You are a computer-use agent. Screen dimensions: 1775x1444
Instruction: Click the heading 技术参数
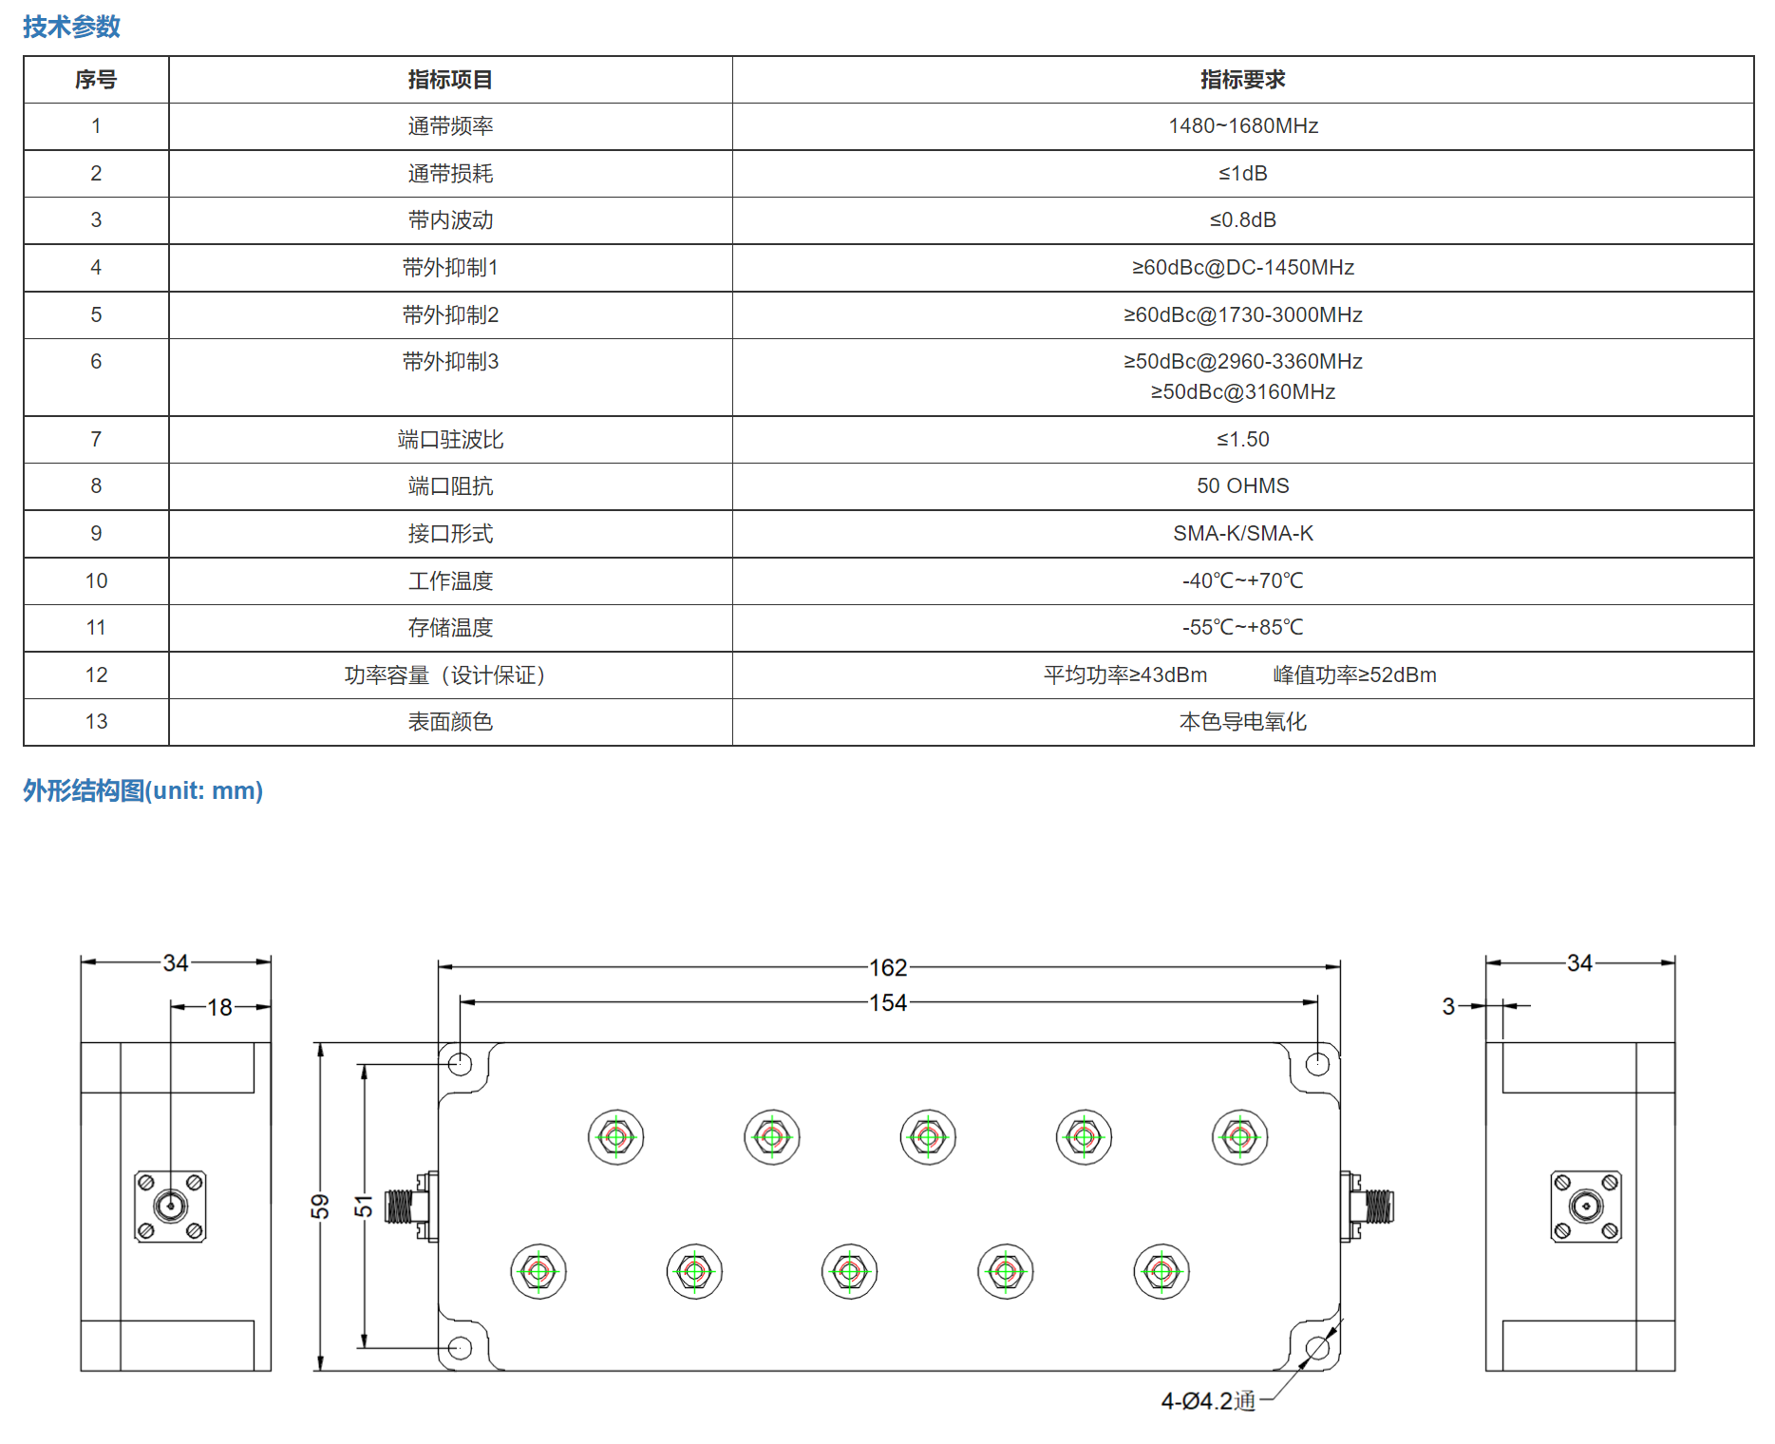pyautogui.click(x=71, y=27)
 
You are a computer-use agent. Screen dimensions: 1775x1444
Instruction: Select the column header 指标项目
pyautogui.click(x=450, y=80)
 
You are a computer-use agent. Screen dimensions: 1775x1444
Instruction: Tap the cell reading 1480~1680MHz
pyautogui.click(x=1242, y=126)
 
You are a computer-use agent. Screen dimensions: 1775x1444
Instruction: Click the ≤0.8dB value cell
pyautogui.click(x=1242, y=220)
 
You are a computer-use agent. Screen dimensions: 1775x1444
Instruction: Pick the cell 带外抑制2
pyautogui.click(x=450, y=314)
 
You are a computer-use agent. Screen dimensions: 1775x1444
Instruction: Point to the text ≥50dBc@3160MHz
pyautogui.click(x=1242, y=391)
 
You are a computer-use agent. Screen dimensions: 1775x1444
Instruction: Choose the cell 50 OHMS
pyautogui.click(x=1242, y=485)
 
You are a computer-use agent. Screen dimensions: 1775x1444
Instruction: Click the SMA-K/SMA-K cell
pyautogui.click(x=1242, y=533)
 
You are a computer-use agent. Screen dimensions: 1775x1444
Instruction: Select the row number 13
pyautogui.click(x=96, y=722)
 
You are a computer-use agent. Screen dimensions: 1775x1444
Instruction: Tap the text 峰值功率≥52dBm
pyautogui.click(x=1354, y=674)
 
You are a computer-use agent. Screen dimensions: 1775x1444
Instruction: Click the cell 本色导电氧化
pyautogui.click(x=1242, y=722)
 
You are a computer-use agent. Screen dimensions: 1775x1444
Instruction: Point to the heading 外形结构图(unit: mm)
pyautogui.click(x=142, y=790)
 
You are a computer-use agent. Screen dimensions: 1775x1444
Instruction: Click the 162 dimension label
pyautogui.click(x=888, y=967)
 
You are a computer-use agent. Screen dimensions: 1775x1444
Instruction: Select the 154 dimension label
pyautogui.click(x=888, y=1002)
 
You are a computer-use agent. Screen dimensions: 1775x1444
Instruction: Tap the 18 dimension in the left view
pyautogui.click(x=219, y=1007)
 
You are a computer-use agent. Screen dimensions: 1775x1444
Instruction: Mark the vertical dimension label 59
pyautogui.click(x=320, y=1206)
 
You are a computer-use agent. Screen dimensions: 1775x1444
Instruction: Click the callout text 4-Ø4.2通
pyautogui.click(x=1208, y=1401)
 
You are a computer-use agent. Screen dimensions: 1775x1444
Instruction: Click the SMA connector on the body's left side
pyautogui.click(x=410, y=1206)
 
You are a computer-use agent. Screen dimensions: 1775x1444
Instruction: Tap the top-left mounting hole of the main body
pyautogui.click(x=460, y=1064)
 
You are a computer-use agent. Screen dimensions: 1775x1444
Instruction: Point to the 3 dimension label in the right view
pyautogui.click(x=1448, y=1006)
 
